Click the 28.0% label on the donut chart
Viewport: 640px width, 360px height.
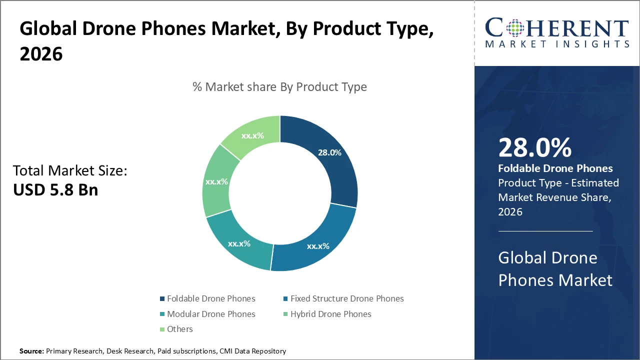[329, 153]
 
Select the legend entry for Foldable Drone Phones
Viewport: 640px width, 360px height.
[210, 298]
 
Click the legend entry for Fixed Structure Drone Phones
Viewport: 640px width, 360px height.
[346, 298]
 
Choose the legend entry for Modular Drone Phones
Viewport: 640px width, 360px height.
[210, 314]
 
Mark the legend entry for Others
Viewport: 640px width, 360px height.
[179, 329]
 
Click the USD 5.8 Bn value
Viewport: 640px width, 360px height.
[55, 190]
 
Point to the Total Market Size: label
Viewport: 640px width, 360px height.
[70, 171]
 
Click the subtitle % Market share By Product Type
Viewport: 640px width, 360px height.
[279, 87]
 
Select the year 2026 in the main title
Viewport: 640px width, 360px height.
[41, 54]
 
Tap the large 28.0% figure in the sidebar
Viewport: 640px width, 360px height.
[534, 148]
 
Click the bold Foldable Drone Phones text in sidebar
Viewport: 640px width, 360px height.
[555, 168]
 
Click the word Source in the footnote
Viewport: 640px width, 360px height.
[31, 351]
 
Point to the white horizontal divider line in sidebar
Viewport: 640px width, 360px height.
[545, 231]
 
